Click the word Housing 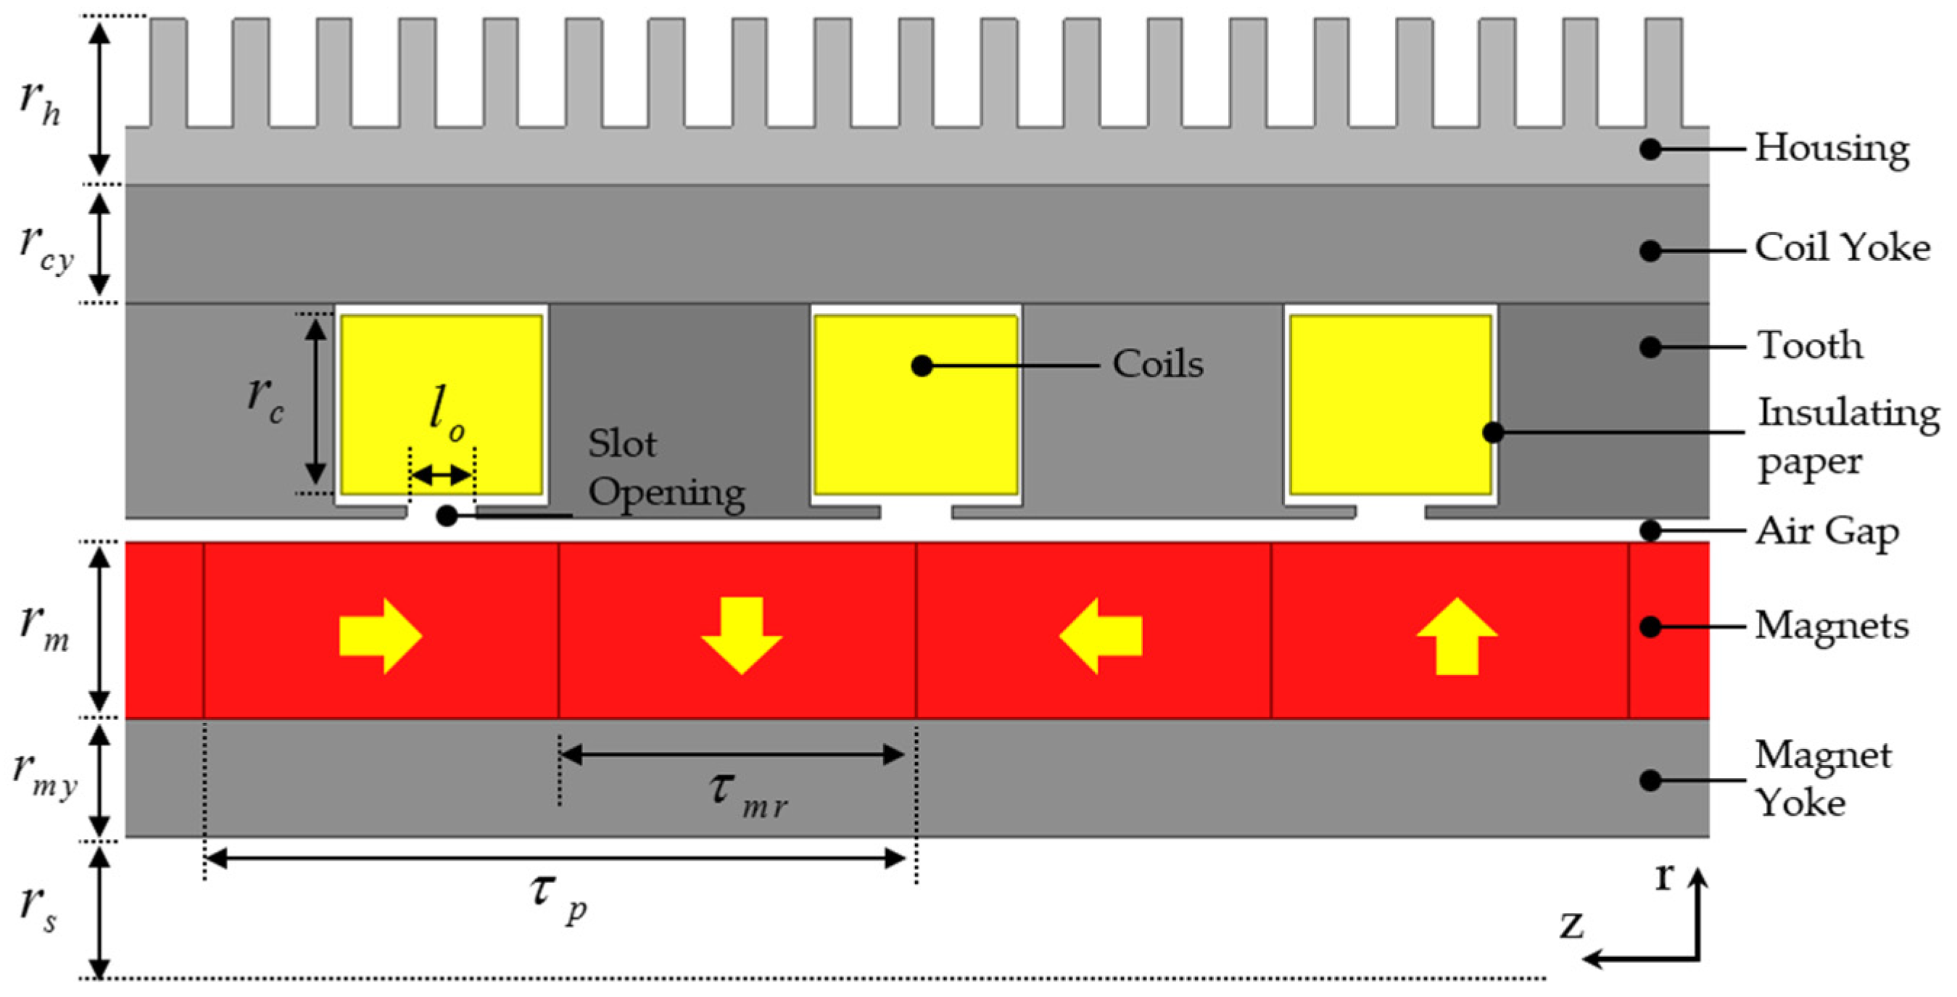[x=1831, y=149]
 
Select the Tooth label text [x=1810, y=347]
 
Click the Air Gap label [x=1826, y=532]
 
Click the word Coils [x=1158, y=365]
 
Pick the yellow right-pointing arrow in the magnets [x=380, y=635]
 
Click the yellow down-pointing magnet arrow [x=742, y=635]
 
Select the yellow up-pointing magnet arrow [x=1457, y=635]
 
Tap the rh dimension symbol [x=39, y=102]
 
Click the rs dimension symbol [x=38, y=907]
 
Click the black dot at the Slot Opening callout [x=447, y=517]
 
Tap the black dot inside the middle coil [x=922, y=366]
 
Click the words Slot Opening [x=666, y=468]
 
